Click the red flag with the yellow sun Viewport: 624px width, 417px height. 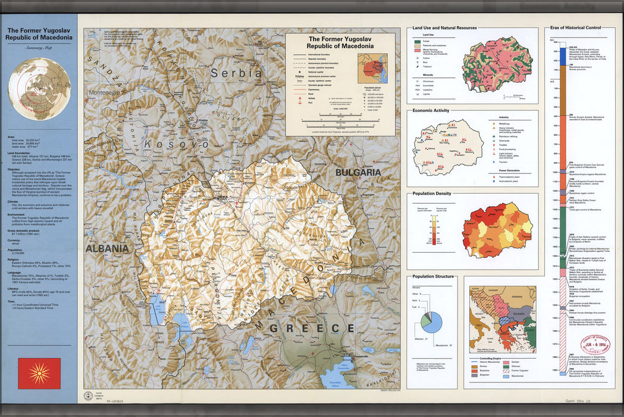point(39,374)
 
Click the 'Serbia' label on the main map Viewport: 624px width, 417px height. point(236,73)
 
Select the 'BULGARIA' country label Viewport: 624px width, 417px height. point(358,172)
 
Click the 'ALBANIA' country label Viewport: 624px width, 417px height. point(107,248)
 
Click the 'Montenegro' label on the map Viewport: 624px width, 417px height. point(104,93)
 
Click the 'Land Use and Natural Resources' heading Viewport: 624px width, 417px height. point(444,28)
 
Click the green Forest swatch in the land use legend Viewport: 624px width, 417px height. point(418,42)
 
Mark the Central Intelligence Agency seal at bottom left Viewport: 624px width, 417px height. point(88,395)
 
